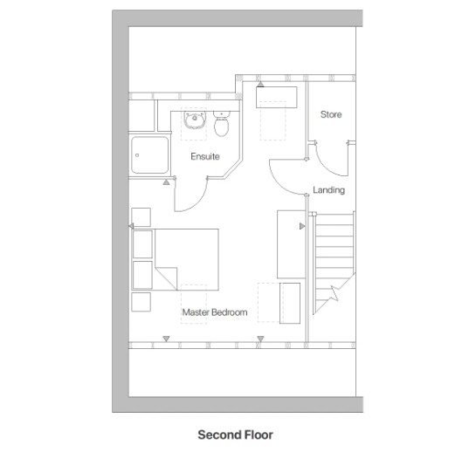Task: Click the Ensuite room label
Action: click(205, 157)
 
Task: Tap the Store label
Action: click(330, 115)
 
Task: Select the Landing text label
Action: click(328, 190)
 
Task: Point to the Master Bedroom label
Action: click(214, 312)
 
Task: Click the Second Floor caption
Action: click(235, 434)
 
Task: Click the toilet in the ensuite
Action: click(222, 127)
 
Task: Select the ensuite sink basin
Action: click(194, 124)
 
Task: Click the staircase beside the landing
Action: click(335, 253)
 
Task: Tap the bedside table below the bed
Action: click(140, 302)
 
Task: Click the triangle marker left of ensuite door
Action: click(166, 183)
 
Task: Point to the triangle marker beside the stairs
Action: click(302, 226)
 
